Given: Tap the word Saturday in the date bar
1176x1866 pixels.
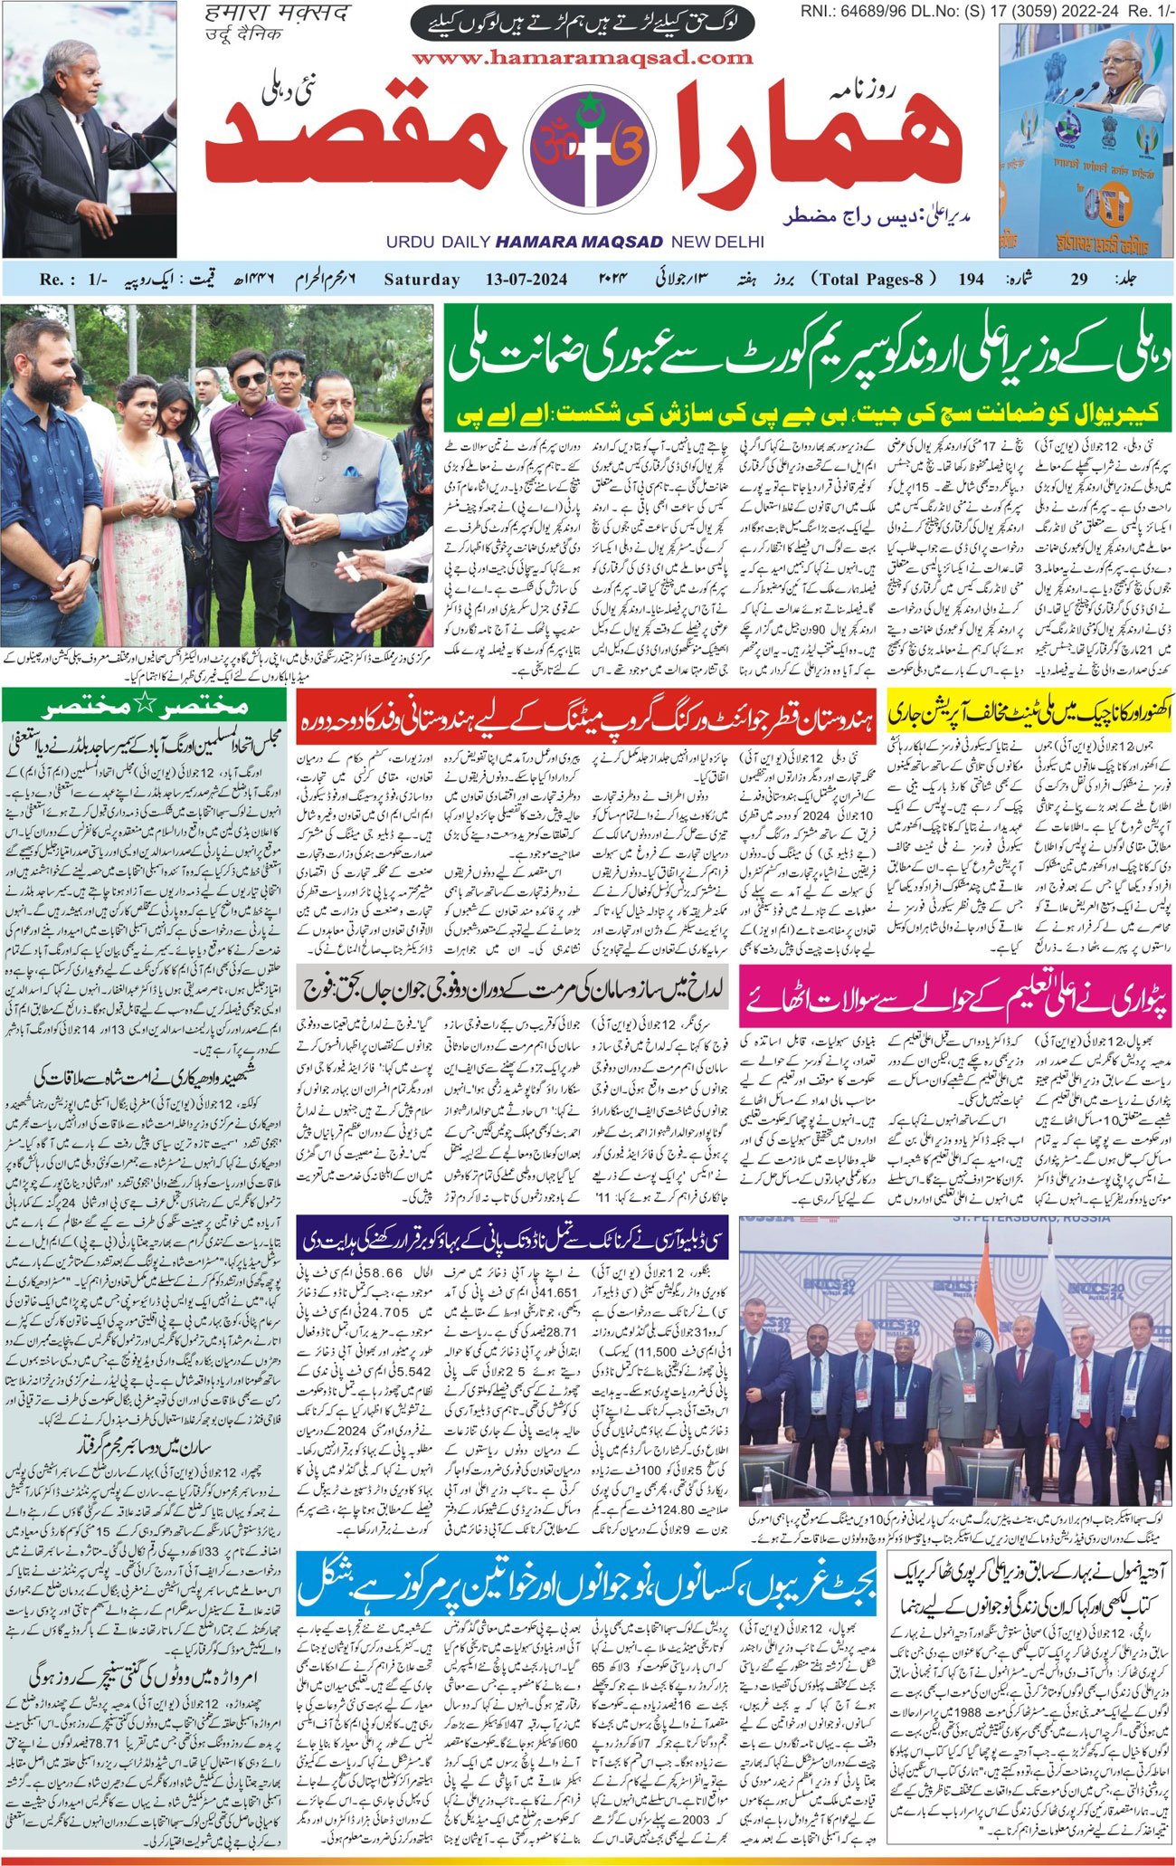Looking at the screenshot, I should [x=422, y=279].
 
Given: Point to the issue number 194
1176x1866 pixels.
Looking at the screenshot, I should [x=971, y=279].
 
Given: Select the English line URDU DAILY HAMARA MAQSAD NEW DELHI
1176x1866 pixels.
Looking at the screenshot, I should [x=574, y=242].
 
